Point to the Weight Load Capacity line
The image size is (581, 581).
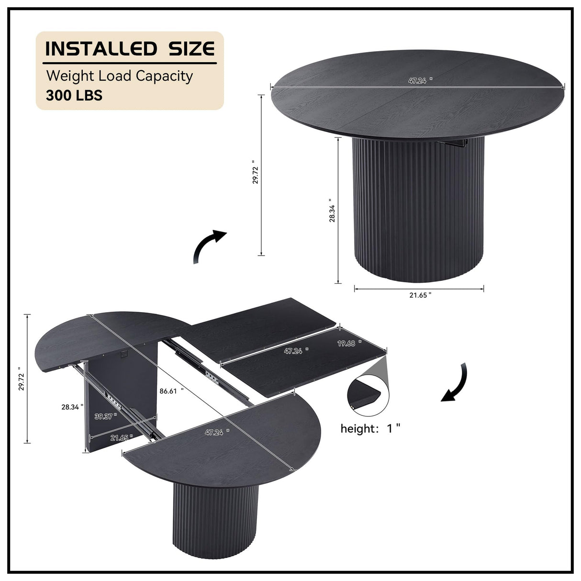119,76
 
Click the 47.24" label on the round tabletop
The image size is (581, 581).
420,81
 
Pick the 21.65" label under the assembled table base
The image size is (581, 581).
420,295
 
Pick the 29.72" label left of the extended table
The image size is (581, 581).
20,379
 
